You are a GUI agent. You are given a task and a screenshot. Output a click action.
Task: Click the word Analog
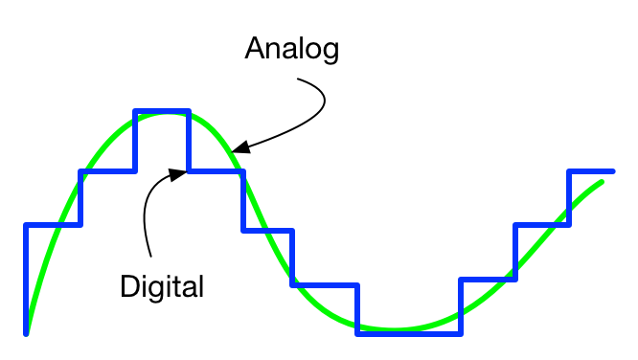coord(292,49)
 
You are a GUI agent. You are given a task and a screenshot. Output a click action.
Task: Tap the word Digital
coord(163,285)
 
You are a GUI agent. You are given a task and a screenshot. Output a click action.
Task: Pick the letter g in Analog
coord(330,52)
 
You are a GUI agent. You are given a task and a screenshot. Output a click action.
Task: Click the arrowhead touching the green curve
coord(240,148)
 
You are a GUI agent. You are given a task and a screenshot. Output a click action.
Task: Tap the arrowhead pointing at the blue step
coord(176,173)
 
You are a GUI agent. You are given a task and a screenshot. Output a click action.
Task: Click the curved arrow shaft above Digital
coord(147,215)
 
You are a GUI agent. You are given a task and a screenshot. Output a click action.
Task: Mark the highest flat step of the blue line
coord(161,112)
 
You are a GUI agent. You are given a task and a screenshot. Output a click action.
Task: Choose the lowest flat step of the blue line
coord(408,333)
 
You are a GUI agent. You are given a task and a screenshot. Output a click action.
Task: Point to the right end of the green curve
coord(603,180)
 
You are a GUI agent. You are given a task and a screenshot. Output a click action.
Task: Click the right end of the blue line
coord(613,170)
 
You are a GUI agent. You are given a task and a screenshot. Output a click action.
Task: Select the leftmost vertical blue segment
coord(26,278)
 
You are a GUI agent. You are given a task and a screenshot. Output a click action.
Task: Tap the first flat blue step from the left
coord(53,225)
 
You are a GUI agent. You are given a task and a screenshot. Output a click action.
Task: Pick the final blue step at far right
coord(591,170)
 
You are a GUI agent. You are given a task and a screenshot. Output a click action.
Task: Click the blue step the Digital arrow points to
coord(216,171)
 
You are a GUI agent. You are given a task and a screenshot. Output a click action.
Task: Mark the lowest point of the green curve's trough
coord(393,328)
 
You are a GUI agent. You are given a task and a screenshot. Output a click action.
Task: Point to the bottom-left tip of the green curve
coord(27,330)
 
